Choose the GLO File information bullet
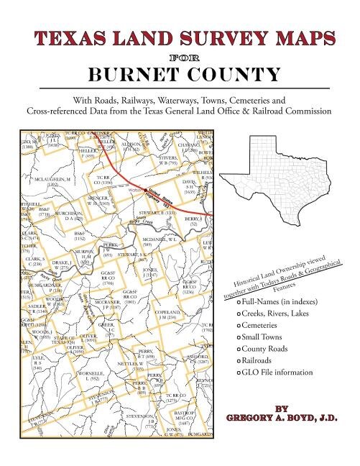282,375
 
